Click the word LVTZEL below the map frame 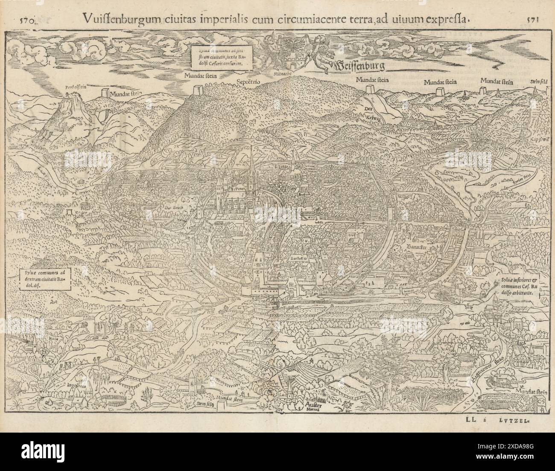tap(516, 420)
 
